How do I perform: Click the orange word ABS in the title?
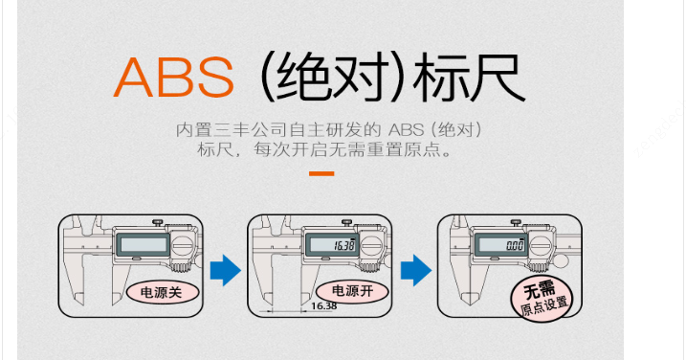174,78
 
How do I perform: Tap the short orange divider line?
321,174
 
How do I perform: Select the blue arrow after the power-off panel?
225,270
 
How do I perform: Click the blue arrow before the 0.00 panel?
416,270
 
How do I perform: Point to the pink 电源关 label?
162,292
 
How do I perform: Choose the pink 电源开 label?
352,291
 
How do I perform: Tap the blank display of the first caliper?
144,244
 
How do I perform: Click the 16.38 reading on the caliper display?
344,245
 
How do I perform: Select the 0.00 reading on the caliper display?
516,245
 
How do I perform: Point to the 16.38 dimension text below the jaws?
324,306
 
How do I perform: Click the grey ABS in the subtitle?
406,130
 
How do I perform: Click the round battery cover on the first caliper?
181,245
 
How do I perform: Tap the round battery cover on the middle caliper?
370,245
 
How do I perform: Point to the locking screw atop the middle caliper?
348,223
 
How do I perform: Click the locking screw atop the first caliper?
159,223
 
